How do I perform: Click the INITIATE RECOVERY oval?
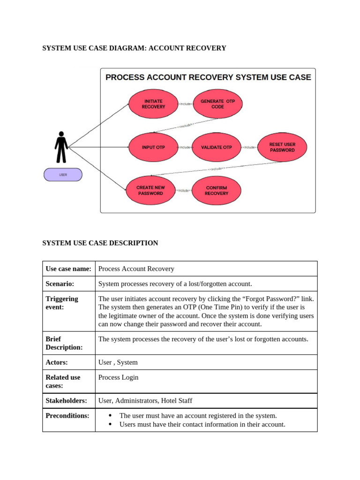tap(153, 104)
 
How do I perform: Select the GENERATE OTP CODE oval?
tap(217, 104)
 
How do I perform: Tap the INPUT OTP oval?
tap(153, 147)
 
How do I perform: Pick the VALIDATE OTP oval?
tap(216, 147)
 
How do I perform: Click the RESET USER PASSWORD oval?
tap(282, 147)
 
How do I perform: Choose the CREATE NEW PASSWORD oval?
tap(150, 190)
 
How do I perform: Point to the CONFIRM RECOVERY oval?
tap(216, 190)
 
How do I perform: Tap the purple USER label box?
tap(63, 175)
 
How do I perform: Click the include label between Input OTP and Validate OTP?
tap(185, 147)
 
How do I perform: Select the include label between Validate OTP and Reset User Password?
tap(249, 147)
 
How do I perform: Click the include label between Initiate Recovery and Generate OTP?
tap(185, 104)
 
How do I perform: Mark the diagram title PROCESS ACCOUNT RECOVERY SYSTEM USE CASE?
tap(208, 77)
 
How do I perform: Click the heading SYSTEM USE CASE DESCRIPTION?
tap(100, 243)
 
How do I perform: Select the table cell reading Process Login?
tap(119, 377)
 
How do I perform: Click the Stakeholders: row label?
tap(67, 401)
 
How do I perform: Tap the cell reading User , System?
tap(118, 362)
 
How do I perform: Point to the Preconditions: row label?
tap(67, 416)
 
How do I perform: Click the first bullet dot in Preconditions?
tap(110, 416)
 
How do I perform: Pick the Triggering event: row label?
tap(62, 303)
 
